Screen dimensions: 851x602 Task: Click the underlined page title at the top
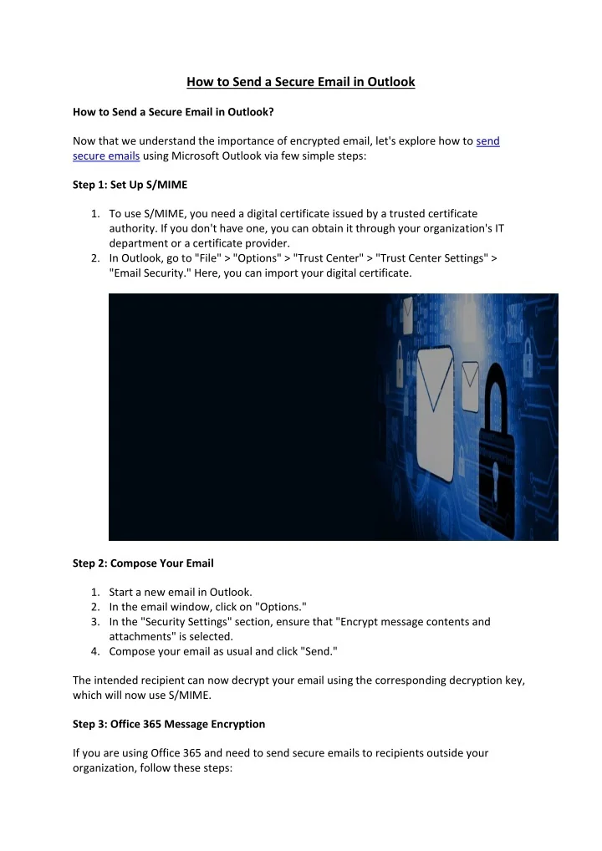coord(300,82)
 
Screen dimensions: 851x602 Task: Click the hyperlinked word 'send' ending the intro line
coord(487,141)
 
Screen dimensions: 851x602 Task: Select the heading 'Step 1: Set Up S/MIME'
coord(130,185)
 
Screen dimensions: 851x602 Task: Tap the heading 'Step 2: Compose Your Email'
coord(143,563)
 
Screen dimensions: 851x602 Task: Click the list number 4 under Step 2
coord(95,651)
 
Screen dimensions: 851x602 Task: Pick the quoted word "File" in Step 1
coord(205,257)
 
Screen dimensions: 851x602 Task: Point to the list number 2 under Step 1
coord(95,257)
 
